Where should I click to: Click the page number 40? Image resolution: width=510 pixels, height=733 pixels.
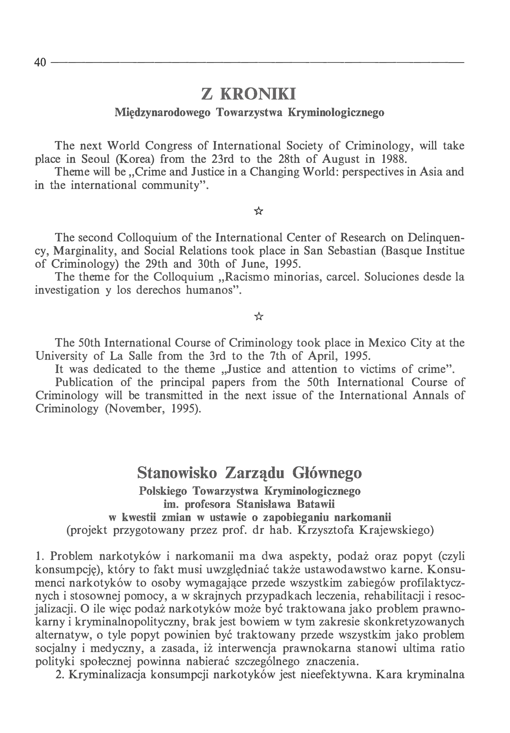point(40,62)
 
